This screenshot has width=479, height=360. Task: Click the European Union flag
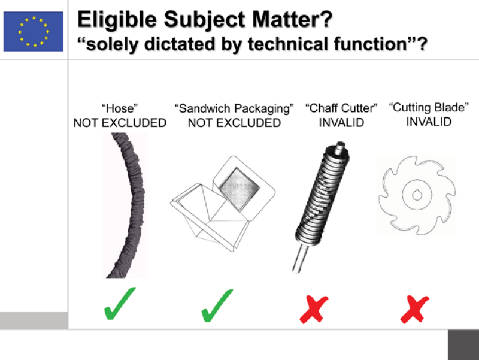point(34,32)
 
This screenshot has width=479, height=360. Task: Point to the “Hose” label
point(120,108)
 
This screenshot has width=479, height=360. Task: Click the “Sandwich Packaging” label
point(234,109)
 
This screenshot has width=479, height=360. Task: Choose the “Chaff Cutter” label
point(341,108)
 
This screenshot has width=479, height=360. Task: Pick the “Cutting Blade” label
point(429,108)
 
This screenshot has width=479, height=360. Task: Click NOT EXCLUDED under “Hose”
point(120,123)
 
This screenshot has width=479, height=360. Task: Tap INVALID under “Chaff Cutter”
point(341,123)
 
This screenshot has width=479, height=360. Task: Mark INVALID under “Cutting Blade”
point(429,122)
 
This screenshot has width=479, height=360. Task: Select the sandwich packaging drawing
point(223,204)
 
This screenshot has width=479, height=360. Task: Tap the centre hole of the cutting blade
point(417,195)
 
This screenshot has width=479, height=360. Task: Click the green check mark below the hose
point(119,304)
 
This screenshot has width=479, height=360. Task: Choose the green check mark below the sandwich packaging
point(217,305)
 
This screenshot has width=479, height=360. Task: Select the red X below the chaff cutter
point(314,309)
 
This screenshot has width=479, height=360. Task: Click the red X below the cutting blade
point(414,309)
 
